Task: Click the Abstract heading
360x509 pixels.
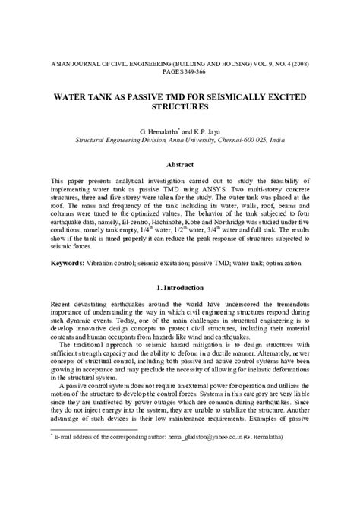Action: tap(180, 164)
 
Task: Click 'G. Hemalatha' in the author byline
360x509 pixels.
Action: tap(154, 131)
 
